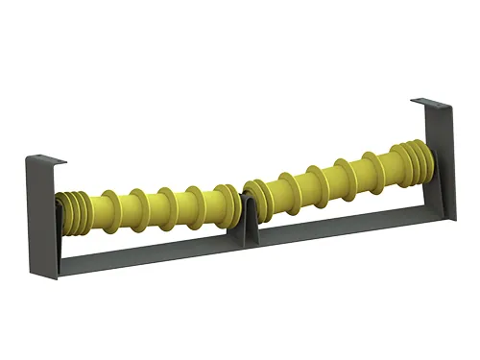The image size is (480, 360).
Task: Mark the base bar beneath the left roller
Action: point(144,248)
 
